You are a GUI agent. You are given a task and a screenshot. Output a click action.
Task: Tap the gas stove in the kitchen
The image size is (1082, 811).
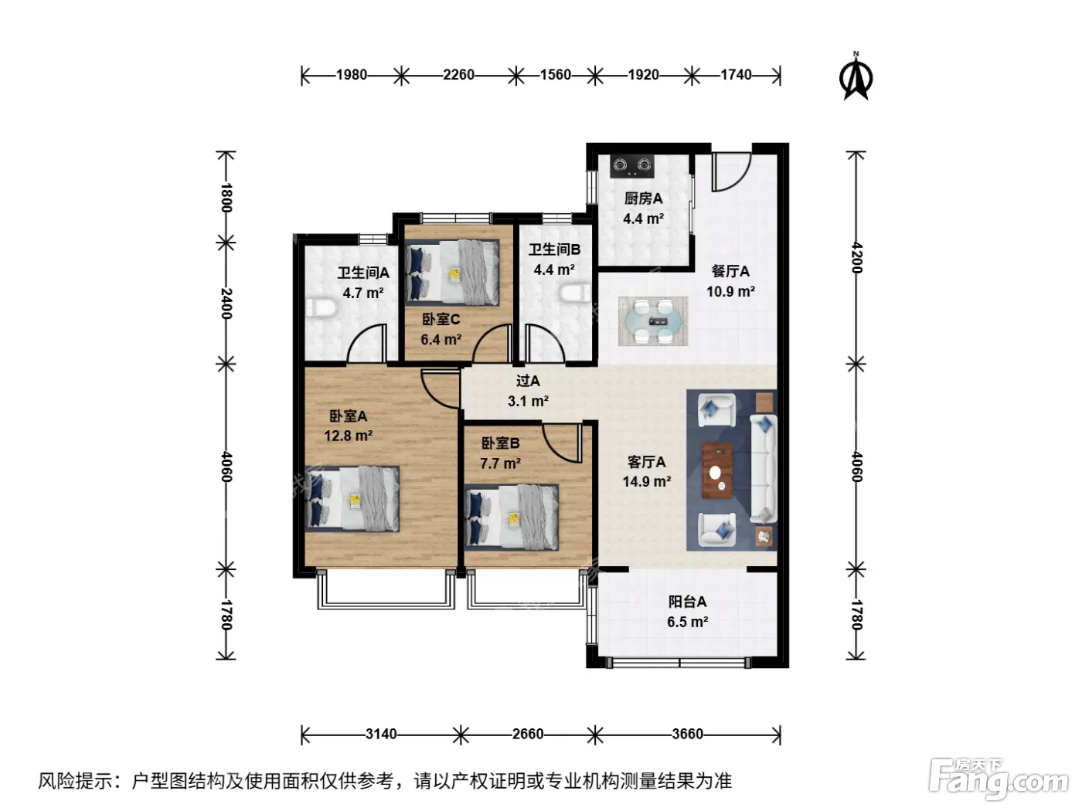point(632,165)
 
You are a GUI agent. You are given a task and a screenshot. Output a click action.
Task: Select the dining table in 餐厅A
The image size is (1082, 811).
point(652,321)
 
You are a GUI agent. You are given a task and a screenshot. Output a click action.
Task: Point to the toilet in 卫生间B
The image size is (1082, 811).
point(575,293)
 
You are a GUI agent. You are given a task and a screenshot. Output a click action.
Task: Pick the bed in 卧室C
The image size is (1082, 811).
point(452,272)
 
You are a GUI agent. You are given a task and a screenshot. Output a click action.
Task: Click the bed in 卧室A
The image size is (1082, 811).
point(352,498)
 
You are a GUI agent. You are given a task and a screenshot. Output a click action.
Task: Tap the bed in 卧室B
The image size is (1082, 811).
point(512,517)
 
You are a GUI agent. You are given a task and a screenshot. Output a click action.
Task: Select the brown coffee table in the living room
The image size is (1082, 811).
point(717,470)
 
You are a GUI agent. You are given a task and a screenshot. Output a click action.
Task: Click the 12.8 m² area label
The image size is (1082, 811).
point(348,436)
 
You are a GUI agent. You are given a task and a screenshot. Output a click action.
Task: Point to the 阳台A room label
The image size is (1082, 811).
point(687,601)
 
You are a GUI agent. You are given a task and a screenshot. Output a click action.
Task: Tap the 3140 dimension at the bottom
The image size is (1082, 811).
point(381,735)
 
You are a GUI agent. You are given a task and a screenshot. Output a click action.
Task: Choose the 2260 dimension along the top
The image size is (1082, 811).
point(458,75)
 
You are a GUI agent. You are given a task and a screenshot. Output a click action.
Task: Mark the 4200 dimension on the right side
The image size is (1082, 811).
point(857,257)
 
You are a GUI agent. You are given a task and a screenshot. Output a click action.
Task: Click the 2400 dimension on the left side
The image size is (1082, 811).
point(226,304)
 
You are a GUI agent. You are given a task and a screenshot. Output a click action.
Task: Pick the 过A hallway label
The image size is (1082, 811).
point(528,381)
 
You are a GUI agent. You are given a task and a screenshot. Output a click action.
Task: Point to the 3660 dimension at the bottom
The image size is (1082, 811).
point(687,735)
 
